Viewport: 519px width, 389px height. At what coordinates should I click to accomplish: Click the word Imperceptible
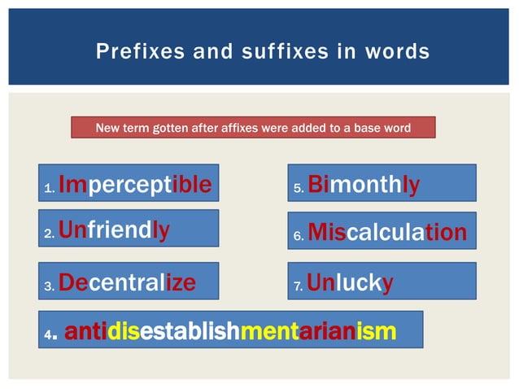coord(135,186)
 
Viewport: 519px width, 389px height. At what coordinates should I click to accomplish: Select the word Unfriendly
coord(114,231)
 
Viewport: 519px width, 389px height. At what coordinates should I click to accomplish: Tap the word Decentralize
coord(126,282)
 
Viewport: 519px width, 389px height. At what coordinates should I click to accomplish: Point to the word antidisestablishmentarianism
coord(230,332)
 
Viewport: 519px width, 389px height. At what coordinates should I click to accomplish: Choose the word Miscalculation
coord(387,234)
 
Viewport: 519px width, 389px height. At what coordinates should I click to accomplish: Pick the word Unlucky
coord(351,282)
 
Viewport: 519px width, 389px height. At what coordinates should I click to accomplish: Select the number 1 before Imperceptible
coord(49,190)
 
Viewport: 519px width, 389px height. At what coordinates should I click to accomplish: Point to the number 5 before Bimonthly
coord(298,190)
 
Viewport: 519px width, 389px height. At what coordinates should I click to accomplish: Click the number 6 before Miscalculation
coord(298,237)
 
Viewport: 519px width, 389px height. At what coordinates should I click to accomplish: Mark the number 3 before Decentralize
coord(49,286)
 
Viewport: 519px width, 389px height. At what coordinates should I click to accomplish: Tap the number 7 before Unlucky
coord(298,286)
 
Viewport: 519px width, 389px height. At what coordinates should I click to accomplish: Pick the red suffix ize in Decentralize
coord(180,282)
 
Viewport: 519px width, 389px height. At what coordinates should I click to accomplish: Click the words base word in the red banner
coord(383,128)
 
